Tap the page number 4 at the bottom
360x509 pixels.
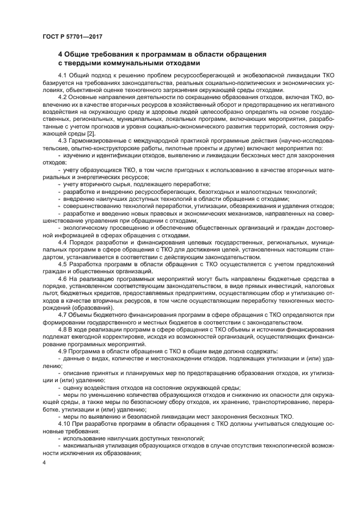pos(44,462)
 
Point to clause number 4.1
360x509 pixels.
pos(63,75)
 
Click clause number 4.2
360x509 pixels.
pos(63,97)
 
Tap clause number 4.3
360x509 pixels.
pos(63,141)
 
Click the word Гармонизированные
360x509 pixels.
pos(99,141)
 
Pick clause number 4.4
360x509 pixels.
pos(63,243)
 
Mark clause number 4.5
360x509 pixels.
pos(63,265)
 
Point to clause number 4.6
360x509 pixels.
pos(63,279)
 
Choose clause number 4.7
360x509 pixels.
pos(63,316)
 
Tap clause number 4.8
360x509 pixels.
pos(63,330)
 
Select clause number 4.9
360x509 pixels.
pos(63,352)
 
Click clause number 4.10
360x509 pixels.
pos(64,424)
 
